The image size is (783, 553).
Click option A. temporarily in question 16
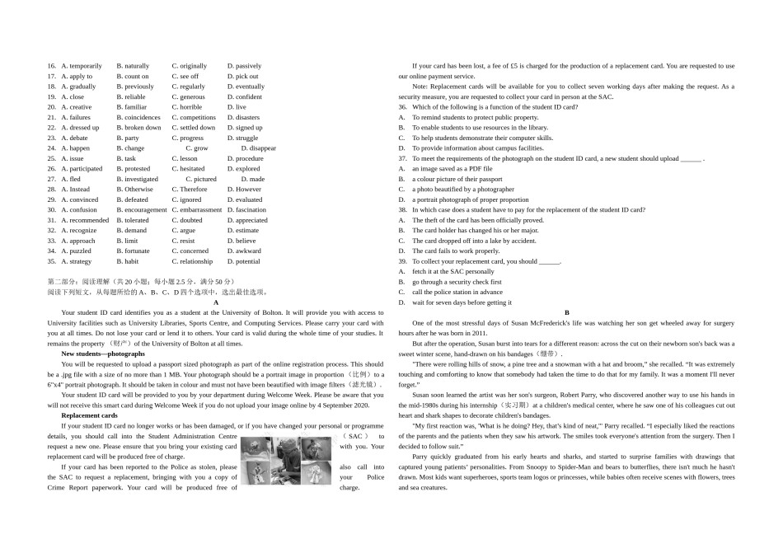[x=82, y=66]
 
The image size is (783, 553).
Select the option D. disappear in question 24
[x=258, y=148]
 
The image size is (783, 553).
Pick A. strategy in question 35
[x=77, y=261]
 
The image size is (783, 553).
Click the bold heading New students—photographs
[x=103, y=354]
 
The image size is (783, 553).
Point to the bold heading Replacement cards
[x=89, y=415]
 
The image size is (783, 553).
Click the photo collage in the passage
[x=288, y=462]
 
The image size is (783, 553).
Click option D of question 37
[x=470, y=199]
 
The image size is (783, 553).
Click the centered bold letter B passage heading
[x=567, y=312]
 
